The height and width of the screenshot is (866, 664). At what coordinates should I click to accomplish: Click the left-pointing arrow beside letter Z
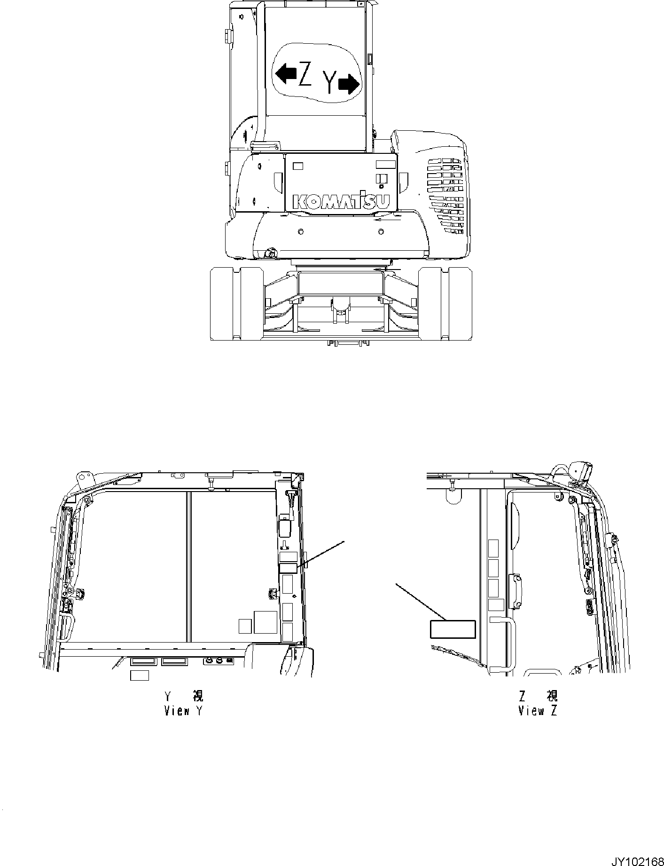tap(286, 74)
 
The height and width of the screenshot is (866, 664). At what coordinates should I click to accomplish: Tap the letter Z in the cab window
tap(305, 75)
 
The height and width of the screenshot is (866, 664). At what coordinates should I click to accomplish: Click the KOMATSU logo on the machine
tap(341, 201)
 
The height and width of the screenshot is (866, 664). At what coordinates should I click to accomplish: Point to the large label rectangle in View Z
tap(453, 629)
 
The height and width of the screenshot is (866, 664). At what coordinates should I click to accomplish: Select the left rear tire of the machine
tap(237, 303)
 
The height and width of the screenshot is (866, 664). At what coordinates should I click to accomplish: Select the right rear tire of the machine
tap(445, 303)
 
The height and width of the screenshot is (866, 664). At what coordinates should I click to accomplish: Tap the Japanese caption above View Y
tap(183, 696)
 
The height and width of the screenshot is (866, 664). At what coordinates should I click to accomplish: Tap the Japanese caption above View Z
tap(538, 696)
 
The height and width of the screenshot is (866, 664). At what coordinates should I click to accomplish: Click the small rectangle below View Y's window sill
tap(139, 675)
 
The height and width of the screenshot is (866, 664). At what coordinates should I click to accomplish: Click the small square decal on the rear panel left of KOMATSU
tap(298, 166)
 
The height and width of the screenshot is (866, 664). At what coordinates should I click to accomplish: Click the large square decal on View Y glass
tap(266, 622)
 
